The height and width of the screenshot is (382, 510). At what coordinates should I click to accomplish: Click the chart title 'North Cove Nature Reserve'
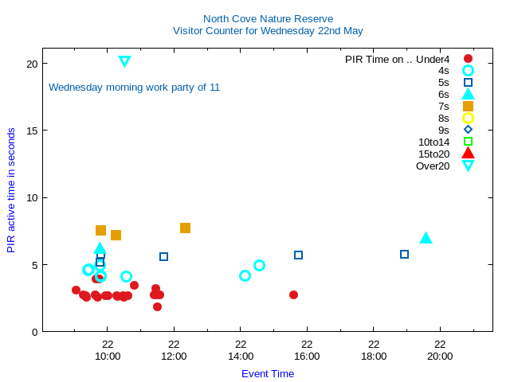coord(268,18)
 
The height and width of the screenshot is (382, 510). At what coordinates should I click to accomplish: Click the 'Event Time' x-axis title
coord(268,373)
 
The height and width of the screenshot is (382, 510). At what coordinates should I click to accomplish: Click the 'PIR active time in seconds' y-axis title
coord(11,190)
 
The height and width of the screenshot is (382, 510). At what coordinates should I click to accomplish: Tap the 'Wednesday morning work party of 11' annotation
coord(134,88)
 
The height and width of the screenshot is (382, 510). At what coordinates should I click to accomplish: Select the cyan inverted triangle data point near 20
coord(124,61)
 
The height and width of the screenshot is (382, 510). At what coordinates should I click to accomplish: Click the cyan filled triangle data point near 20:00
coord(426,238)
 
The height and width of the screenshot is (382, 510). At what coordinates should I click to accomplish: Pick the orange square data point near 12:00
coord(185,228)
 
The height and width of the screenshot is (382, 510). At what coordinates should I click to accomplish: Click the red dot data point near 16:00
coord(293,294)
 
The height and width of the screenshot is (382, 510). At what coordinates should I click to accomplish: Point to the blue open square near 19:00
coord(404,255)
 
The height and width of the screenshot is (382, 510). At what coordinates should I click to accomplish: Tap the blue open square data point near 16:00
coord(298,255)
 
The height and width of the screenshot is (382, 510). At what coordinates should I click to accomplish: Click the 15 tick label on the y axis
coord(31,131)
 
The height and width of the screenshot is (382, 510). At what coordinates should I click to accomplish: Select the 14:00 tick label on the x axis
coord(240,356)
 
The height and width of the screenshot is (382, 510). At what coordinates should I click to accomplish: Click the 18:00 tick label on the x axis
coord(374,356)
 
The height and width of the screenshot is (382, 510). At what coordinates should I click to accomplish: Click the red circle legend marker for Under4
coord(468,59)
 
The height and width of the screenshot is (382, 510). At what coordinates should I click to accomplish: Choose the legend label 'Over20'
coord(433,166)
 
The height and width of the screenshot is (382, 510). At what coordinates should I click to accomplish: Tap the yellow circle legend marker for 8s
coord(468,119)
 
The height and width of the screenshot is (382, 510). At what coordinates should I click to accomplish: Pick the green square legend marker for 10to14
coord(468,142)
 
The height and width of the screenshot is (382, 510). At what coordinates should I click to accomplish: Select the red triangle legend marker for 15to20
coord(468,153)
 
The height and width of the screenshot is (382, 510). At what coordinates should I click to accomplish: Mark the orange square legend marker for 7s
coord(468,106)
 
